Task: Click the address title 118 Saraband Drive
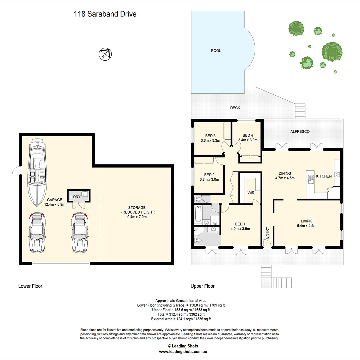(x=105, y=14)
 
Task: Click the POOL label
(x=216, y=51)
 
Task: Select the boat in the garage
(x=37, y=172)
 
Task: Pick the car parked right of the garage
(x=80, y=233)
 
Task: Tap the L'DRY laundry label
(x=75, y=197)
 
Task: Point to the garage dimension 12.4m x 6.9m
(x=54, y=204)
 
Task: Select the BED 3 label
(x=210, y=136)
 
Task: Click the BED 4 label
(x=248, y=135)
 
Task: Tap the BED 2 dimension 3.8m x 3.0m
(x=209, y=179)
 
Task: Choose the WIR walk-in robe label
(x=251, y=193)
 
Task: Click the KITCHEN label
(x=324, y=176)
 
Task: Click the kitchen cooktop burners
(x=337, y=174)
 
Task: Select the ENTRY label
(x=267, y=232)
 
